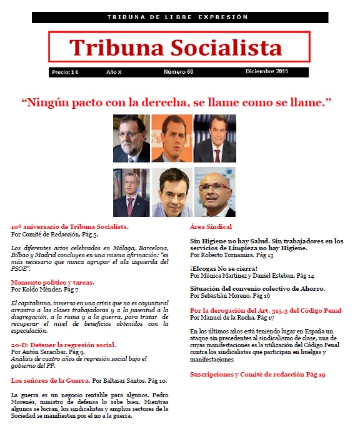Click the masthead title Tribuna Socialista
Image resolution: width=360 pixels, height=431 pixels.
point(176,47)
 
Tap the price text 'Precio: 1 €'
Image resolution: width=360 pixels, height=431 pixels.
point(65,73)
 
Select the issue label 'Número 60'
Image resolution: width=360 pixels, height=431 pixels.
point(179,73)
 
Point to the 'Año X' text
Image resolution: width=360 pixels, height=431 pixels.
point(114,73)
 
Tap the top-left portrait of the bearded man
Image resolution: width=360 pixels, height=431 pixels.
point(131,138)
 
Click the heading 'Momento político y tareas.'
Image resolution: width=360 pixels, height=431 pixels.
point(53,282)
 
